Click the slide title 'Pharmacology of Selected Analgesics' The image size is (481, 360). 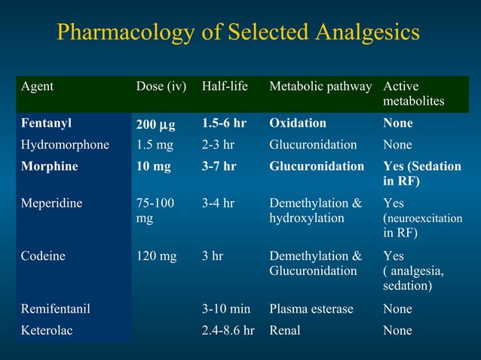[x=239, y=33]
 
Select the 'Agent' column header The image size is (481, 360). [x=37, y=87]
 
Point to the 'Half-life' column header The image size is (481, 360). [x=225, y=87]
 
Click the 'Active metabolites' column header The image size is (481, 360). [x=413, y=93]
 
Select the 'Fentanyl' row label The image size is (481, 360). [x=47, y=123]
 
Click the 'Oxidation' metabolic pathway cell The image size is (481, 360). [x=298, y=123]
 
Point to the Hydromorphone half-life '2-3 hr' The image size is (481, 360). [x=219, y=144]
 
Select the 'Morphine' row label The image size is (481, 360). [x=49, y=166]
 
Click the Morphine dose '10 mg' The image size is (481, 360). [x=153, y=166]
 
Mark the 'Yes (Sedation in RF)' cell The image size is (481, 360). [x=421, y=173]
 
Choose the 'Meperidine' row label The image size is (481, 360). [x=52, y=203]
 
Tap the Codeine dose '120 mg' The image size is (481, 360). [x=156, y=255]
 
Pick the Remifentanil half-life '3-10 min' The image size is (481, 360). [x=226, y=309]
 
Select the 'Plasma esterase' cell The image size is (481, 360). [x=311, y=309]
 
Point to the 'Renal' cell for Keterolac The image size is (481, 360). [x=285, y=330]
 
